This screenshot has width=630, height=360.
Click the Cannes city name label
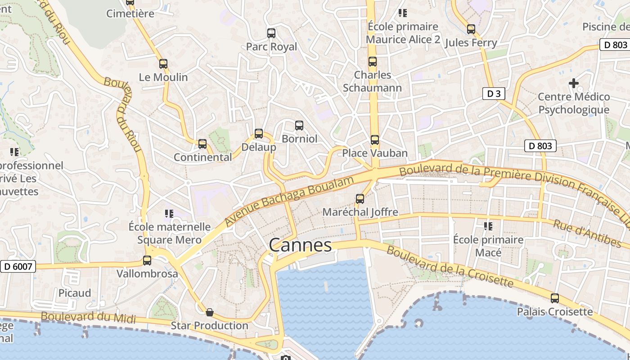click(300, 245)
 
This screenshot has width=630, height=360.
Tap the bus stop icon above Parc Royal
click(271, 33)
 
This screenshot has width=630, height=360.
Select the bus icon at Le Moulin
click(163, 64)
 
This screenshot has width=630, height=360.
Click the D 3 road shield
click(494, 94)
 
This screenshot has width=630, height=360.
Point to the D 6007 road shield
click(18, 266)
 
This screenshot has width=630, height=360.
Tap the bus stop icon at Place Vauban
click(374, 140)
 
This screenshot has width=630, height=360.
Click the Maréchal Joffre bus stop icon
click(360, 198)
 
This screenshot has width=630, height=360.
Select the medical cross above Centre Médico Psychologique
click(573, 83)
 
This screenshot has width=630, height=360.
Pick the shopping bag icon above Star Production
click(209, 312)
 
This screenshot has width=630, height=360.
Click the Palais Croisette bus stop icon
click(555, 298)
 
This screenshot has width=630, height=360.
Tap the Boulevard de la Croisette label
click(450, 266)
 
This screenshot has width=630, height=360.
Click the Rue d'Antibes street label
click(587, 234)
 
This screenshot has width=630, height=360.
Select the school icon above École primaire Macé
click(488, 226)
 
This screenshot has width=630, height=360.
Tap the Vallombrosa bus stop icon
click(147, 260)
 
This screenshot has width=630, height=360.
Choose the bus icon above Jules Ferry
click(471, 29)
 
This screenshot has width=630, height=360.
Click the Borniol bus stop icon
click(299, 126)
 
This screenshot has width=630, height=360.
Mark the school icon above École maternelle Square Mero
click(169, 213)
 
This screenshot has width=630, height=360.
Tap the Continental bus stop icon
click(202, 144)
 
